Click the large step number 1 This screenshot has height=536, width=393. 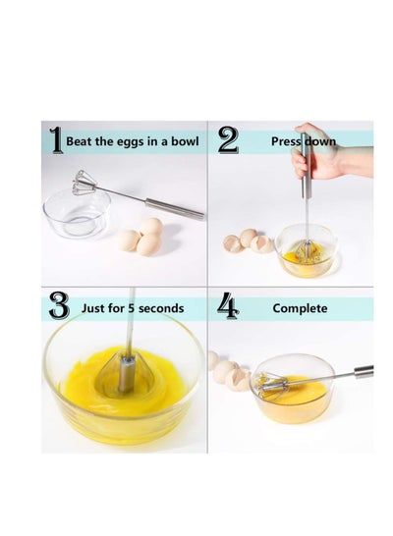[x=56, y=140]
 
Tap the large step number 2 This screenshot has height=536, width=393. [x=228, y=139]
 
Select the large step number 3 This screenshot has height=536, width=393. [x=59, y=305]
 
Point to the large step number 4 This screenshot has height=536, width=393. [x=228, y=305]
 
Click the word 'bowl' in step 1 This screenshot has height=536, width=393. [x=185, y=141]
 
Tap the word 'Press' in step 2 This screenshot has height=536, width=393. [x=286, y=141]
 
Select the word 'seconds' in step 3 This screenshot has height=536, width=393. [x=161, y=308]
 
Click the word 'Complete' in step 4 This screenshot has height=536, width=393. [x=300, y=308]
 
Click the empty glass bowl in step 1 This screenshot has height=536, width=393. [x=77, y=214]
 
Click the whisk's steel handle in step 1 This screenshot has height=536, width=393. [x=175, y=208]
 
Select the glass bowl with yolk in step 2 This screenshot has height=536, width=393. [x=307, y=250]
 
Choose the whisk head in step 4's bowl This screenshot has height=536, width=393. [x=271, y=384]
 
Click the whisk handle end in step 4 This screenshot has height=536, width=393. [x=364, y=372]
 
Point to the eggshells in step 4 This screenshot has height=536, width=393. [x=230, y=372]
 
